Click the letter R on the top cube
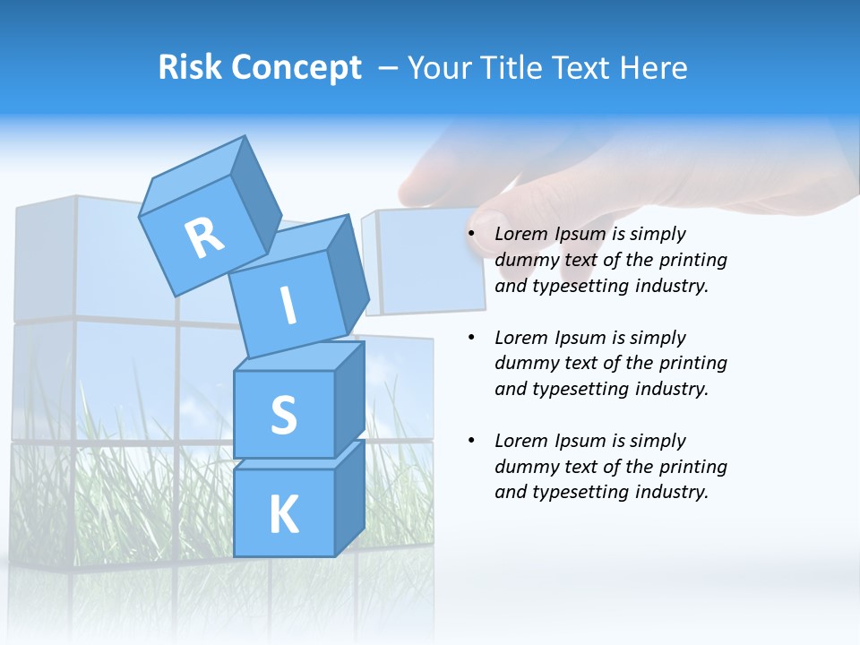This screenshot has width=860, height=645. pyautogui.click(x=204, y=239)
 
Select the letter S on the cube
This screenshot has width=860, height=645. pyautogui.click(x=283, y=415)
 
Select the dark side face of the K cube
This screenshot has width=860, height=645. pyautogui.click(x=349, y=497)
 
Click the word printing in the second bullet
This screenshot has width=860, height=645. pyautogui.click(x=692, y=364)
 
